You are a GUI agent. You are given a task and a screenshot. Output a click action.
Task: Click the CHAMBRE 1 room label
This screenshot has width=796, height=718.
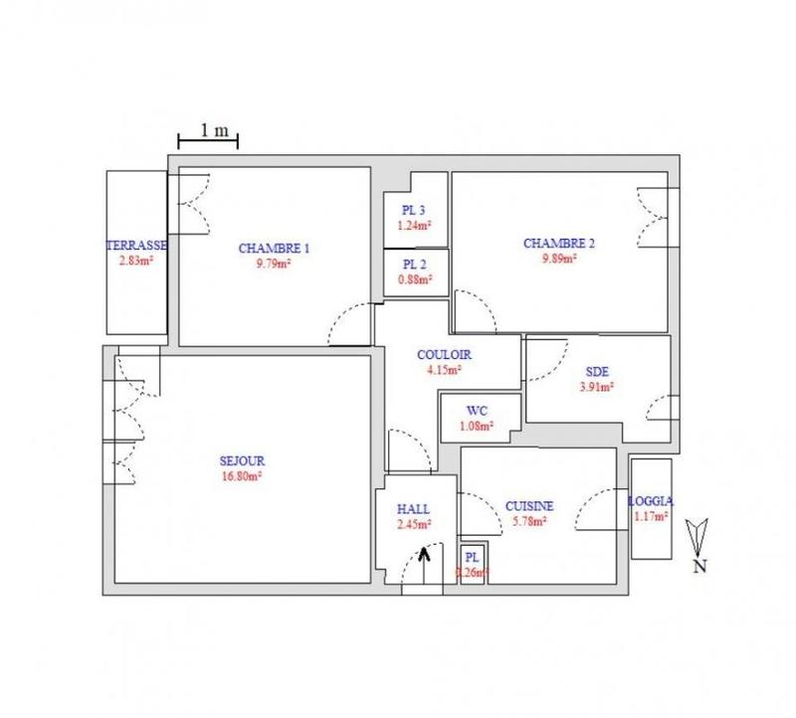click(274, 248)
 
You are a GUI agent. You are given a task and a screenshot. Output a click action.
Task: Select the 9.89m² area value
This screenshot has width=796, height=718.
click(559, 258)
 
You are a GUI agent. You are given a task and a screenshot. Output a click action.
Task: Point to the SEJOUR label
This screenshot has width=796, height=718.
click(241, 459)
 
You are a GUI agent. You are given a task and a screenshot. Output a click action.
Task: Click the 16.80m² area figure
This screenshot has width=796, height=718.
click(241, 475)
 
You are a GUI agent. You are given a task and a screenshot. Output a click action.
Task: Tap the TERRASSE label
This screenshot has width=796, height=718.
click(137, 246)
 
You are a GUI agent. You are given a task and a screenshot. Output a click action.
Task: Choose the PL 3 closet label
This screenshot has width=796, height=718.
click(414, 210)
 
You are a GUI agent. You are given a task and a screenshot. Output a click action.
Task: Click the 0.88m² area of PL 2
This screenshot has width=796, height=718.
click(417, 279)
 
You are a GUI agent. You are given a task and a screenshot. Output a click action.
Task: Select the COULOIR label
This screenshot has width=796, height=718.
click(444, 355)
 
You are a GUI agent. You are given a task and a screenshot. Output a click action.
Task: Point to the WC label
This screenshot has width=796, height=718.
click(478, 411)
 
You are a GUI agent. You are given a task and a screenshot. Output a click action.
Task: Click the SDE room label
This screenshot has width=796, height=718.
click(597, 373)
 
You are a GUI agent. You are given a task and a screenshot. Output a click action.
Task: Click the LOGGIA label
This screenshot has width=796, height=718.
click(653, 501)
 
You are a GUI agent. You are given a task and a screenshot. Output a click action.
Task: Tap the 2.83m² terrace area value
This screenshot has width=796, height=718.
click(137, 262)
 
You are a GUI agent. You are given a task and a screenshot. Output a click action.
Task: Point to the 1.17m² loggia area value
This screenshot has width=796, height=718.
click(653, 516)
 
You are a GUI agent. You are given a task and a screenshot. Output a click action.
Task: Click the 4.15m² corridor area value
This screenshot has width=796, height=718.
click(444, 370)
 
